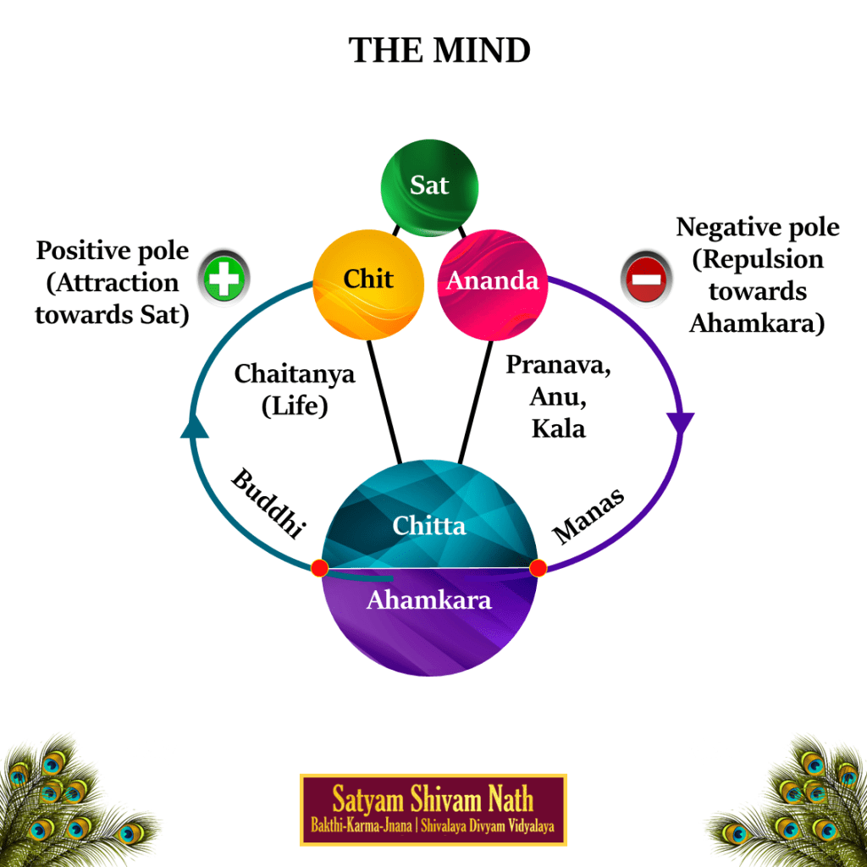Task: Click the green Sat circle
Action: point(429,185)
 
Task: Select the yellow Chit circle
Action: point(367,279)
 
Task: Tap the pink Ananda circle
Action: point(492,280)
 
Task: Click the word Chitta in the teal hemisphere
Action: point(429,526)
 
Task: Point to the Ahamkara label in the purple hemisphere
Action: point(429,600)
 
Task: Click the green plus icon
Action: point(224,279)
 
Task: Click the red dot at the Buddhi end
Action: point(320,567)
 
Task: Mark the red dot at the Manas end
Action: point(538,567)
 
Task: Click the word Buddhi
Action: point(267,504)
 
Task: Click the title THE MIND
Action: point(439,52)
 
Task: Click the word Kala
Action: point(558,428)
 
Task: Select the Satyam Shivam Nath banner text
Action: point(433,798)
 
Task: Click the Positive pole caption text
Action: point(112,282)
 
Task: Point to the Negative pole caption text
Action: point(757,274)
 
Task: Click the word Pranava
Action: point(558,365)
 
